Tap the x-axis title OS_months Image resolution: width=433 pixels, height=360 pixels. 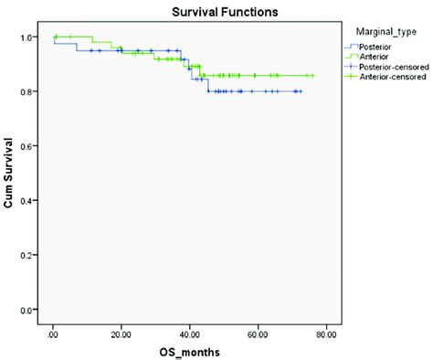[x=190, y=350]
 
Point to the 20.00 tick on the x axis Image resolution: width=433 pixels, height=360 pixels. [x=121, y=333]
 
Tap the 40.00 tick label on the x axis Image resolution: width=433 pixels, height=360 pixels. [x=190, y=333]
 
